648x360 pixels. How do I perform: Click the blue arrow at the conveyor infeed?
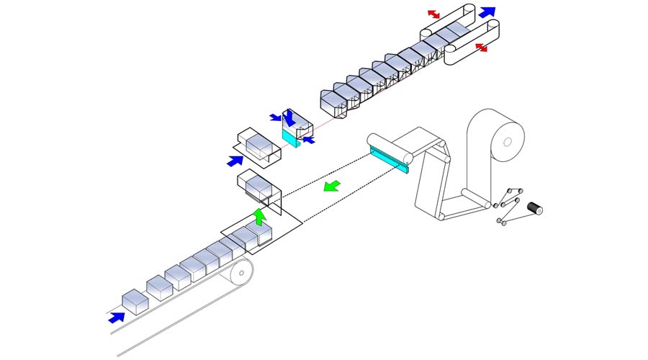coord(115,317)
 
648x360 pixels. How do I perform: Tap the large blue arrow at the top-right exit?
coord(487,12)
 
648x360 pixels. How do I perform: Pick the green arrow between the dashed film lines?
coord(332,187)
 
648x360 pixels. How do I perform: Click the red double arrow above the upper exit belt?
coord(433,14)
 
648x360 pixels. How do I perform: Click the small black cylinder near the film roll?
coord(534,209)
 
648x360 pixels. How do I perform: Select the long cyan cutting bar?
coord(389,159)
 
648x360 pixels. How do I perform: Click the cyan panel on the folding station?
coord(290,136)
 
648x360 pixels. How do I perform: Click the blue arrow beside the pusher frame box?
coord(235,161)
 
